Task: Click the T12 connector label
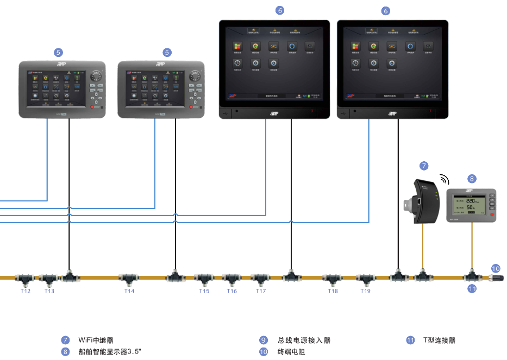(x=26, y=292)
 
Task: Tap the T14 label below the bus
(x=129, y=292)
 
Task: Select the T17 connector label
(x=261, y=292)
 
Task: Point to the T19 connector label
(x=365, y=292)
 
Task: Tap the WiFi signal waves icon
(x=445, y=179)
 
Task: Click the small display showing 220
(x=471, y=206)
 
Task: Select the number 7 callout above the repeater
(x=424, y=165)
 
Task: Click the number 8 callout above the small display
(x=472, y=178)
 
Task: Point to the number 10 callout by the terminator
(x=496, y=268)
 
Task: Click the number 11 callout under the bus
(x=472, y=289)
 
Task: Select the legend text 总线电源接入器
(x=304, y=340)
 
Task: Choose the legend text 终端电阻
(x=291, y=352)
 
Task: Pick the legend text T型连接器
(x=439, y=340)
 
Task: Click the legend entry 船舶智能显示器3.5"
(x=109, y=352)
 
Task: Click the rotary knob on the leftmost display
(x=98, y=76)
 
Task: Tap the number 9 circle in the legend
(x=264, y=340)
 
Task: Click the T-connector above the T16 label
(x=232, y=279)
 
